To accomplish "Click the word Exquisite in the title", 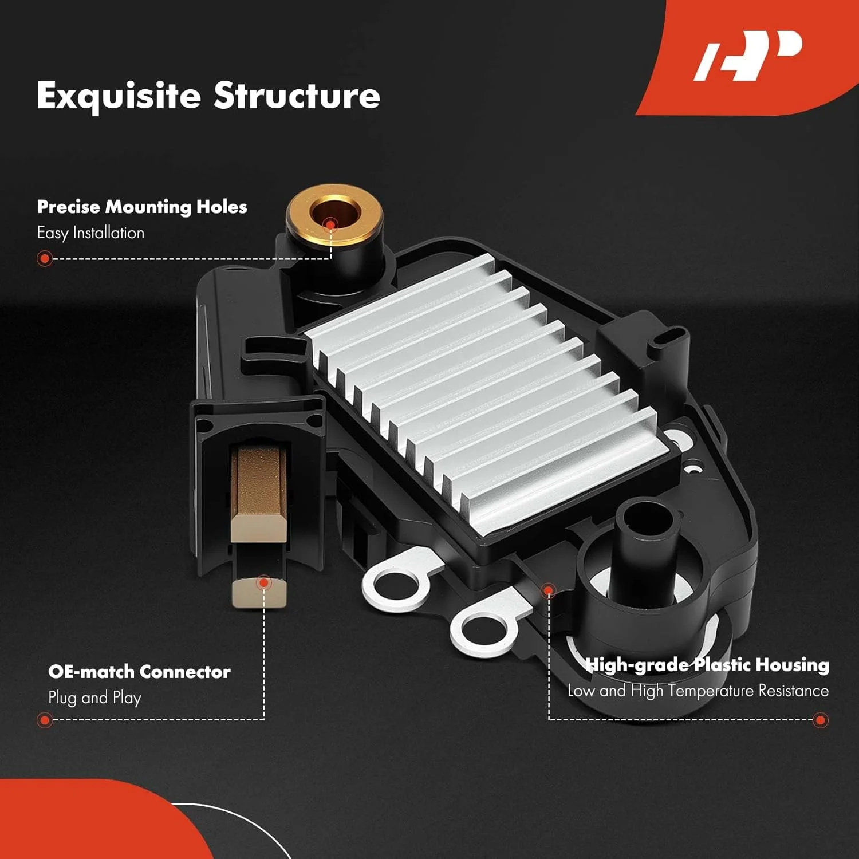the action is click(119, 96).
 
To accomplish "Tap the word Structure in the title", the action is click(297, 95).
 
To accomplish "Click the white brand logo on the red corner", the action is click(748, 56).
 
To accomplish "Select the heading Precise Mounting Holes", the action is click(142, 207).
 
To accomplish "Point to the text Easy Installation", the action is click(90, 233).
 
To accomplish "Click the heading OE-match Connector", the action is click(139, 671).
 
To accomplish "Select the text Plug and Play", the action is click(94, 698).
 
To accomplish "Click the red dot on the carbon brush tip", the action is click(263, 583).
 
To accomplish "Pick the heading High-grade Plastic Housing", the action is click(707, 665).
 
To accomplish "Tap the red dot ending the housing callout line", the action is click(821, 720).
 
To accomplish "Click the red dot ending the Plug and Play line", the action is click(45, 720).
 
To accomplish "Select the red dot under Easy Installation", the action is click(45, 259).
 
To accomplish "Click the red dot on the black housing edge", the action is click(549, 590).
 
